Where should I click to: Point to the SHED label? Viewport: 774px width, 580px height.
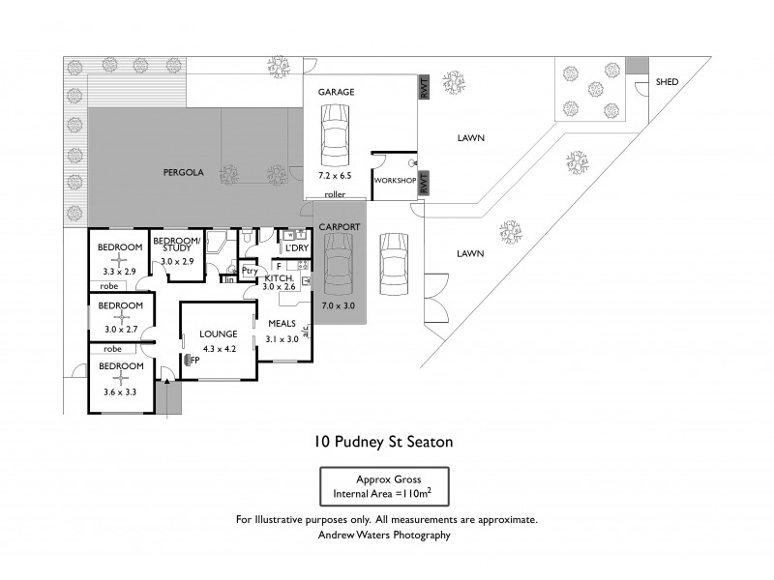pyautogui.click(x=668, y=82)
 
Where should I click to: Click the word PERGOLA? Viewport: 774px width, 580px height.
pyautogui.click(x=182, y=172)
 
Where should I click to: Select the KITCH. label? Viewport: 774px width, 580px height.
pyautogui.click(x=279, y=276)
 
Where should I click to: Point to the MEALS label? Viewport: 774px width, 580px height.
pyautogui.click(x=282, y=323)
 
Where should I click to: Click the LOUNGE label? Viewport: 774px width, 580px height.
pyautogui.click(x=220, y=333)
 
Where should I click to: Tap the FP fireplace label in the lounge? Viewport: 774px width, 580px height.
pyautogui.click(x=194, y=360)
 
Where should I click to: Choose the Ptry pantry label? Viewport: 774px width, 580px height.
pyautogui.click(x=249, y=271)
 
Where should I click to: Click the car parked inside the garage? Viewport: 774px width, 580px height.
pyautogui.click(x=335, y=136)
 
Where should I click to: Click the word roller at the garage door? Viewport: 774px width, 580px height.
pyautogui.click(x=336, y=194)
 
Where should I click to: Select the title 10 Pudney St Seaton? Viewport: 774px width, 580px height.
pyautogui.click(x=384, y=442)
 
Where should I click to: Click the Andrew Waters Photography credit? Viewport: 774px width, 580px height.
pyautogui.click(x=386, y=534)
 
